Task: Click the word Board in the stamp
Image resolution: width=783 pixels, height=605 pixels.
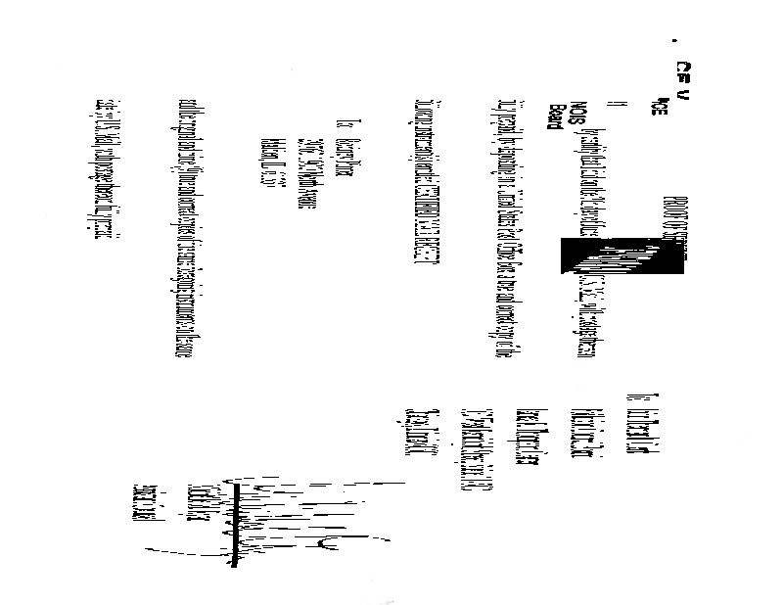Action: pos(557,115)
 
